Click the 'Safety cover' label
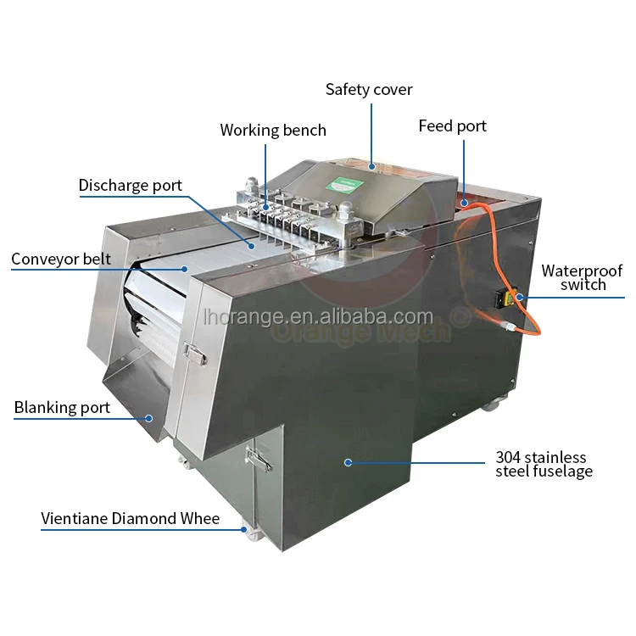[x=370, y=89]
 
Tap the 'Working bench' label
[x=273, y=131]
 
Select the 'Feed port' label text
[x=453, y=126]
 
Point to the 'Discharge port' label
[x=131, y=186]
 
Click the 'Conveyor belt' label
[x=61, y=259]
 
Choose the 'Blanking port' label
[x=62, y=408]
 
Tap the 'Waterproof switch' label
[x=583, y=277]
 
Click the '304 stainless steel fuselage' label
[x=544, y=465]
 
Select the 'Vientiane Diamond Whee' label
[x=131, y=518]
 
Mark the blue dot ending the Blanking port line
[x=148, y=416]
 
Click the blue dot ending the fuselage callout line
[x=348, y=462]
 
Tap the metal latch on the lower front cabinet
[x=257, y=459]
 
